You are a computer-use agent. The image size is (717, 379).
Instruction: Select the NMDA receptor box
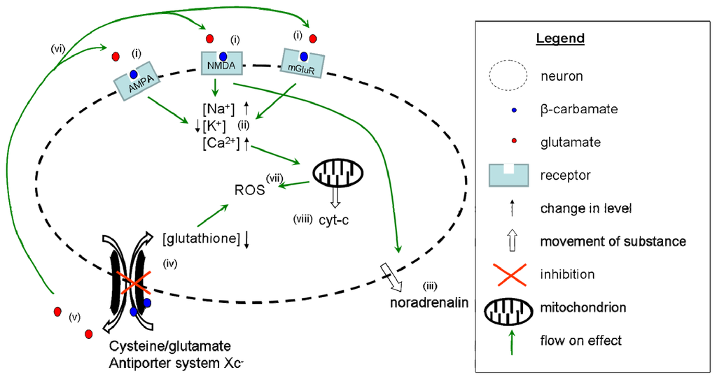pos(222,62)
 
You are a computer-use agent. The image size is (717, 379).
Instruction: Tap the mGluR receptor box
pos(302,64)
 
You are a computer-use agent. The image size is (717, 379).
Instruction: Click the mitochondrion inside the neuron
pos(337,173)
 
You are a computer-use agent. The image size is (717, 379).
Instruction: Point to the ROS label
pos(250,190)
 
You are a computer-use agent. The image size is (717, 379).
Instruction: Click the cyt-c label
pos(334,220)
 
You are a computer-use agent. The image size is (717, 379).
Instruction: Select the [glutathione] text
pos(201,238)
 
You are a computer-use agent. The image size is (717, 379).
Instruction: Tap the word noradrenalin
pos(429,302)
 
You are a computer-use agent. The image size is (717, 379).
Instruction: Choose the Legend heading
pos(560,38)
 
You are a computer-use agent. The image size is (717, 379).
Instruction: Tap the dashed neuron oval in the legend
pos(508,76)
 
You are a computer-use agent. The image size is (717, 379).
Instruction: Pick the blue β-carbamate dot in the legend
pos(514,110)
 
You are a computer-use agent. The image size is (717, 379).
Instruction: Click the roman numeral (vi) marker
pos(58,48)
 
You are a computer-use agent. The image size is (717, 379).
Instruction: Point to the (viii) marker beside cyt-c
pos(302,219)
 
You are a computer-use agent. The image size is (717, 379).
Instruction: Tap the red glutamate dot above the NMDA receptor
pos(210,38)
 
